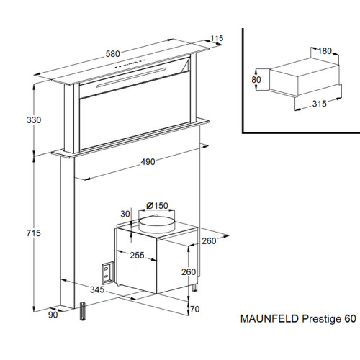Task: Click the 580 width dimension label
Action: pyautogui.click(x=113, y=54)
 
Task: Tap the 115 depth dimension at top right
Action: pyautogui.click(x=217, y=38)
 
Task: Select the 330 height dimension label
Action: pyautogui.click(x=34, y=120)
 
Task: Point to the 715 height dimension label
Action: pyautogui.click(x=34, y=233)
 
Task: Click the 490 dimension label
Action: pyautogui.click(x=148, y=162)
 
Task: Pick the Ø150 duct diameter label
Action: pyautogui.click(x=157, y=206)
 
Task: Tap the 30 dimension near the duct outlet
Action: pyautogui.click(x=125, y=214)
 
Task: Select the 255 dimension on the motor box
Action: pyautogui.click(x=138, y=255)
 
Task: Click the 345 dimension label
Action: pyautogui.click(x=97, y=289)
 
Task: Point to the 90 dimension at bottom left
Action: pyautogui.click(x=53, y=315)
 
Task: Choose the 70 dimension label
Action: pyautogui.click(x=195, y=309)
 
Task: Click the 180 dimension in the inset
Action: pyautogui.click(x=325, y=51)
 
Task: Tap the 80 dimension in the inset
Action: pyautogui.click(x=256, y=79)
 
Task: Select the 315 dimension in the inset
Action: pyautogui.click(x=320, y=104)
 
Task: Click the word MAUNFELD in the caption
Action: pyautogui.click(x=269, y=319)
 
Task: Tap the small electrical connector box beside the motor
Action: pyautogui.click(x=107, y=273)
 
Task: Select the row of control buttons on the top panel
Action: pyautogui.click(x=130, y=63)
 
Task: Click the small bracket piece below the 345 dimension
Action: pyautogui.click(x=82, y=311)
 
